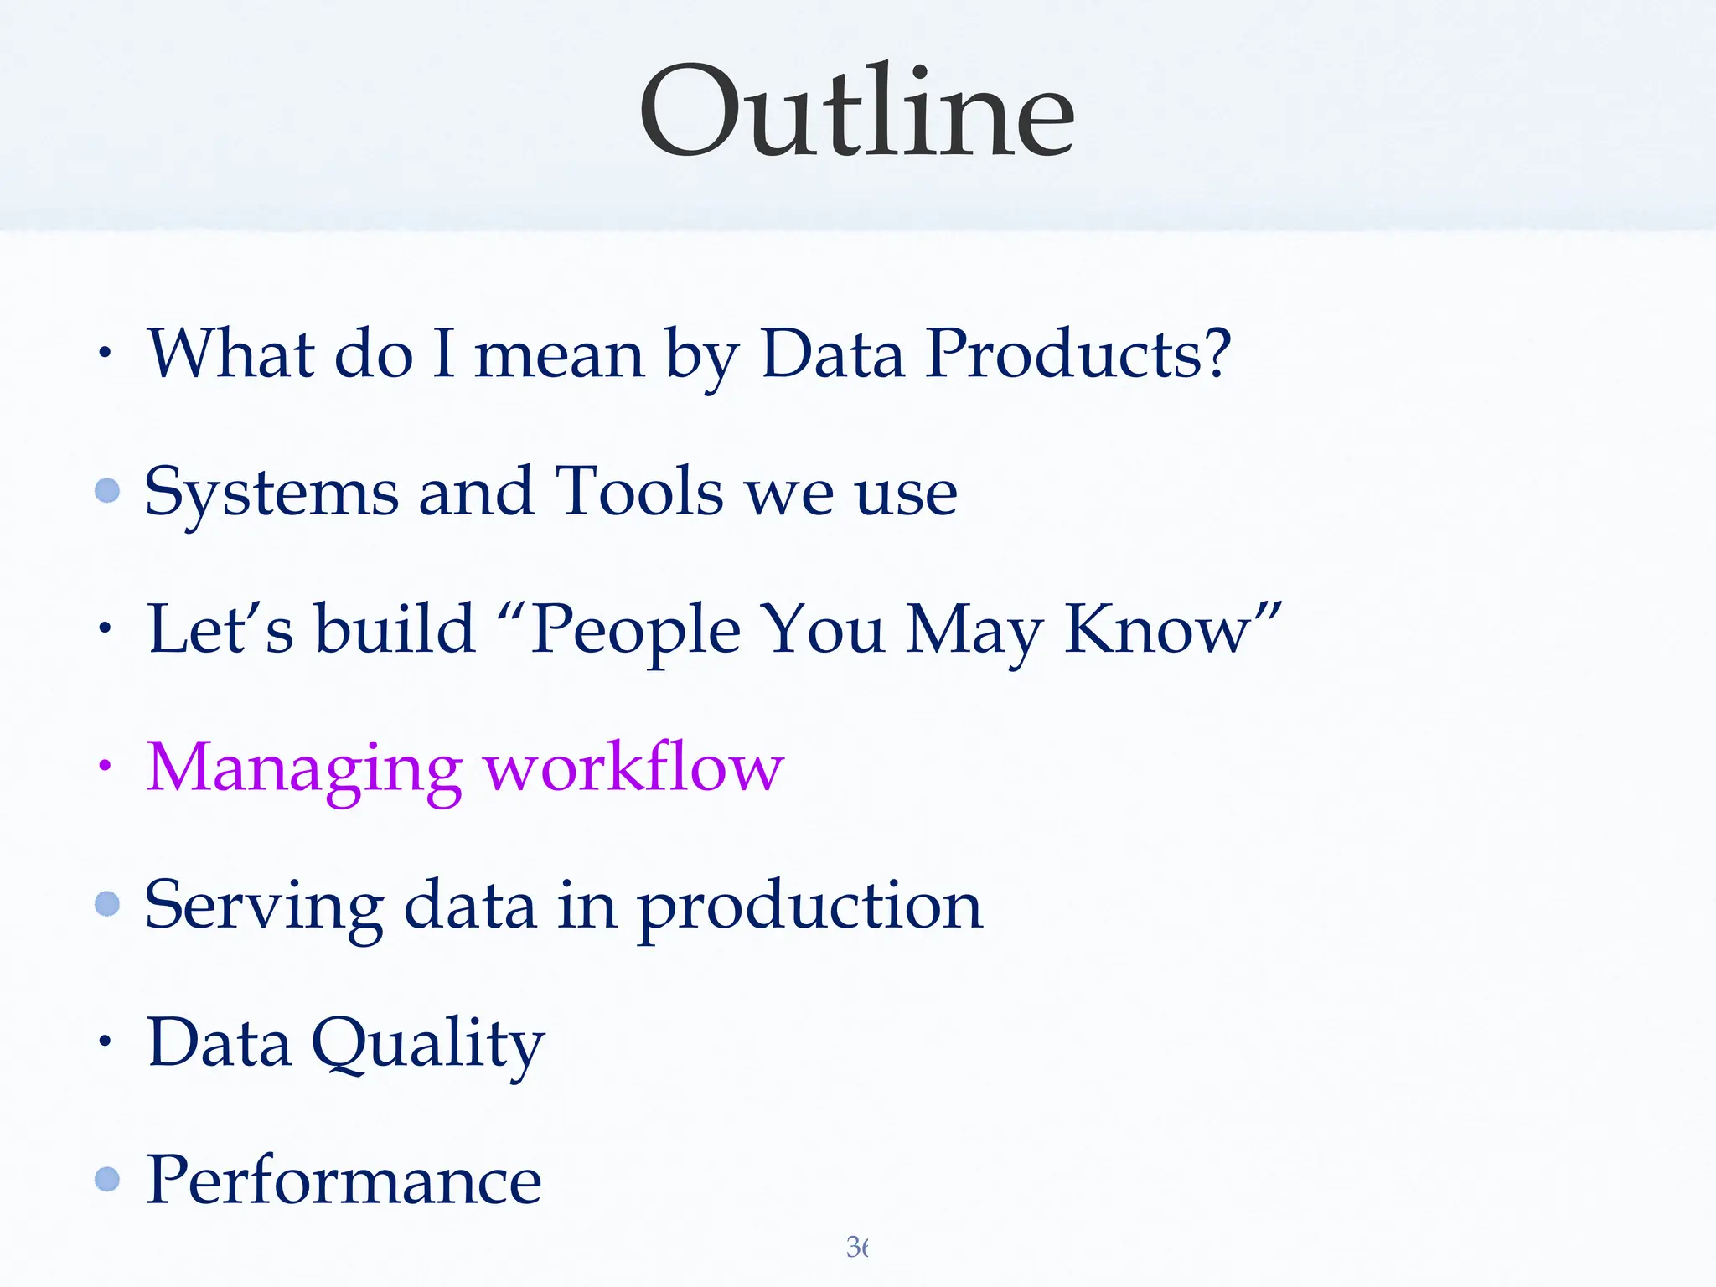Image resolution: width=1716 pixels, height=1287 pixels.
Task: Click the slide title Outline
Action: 856,113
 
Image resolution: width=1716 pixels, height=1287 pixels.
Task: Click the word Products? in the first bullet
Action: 1078,354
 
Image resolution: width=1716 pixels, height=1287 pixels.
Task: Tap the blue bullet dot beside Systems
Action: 107,490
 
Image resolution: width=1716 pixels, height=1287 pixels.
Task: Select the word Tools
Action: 639,492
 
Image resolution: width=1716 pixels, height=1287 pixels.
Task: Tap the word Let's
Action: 220,629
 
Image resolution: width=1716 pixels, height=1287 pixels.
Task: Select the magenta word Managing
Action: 303,769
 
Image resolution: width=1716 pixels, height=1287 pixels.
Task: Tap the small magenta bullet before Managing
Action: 104,764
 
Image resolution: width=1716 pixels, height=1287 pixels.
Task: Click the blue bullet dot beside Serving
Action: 107,903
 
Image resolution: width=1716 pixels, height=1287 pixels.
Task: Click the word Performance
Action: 344,1180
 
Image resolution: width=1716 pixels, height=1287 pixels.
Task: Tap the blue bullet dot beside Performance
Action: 107,1179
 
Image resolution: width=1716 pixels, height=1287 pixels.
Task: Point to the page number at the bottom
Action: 856,1247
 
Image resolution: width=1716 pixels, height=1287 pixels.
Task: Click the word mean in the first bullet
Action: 559,354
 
